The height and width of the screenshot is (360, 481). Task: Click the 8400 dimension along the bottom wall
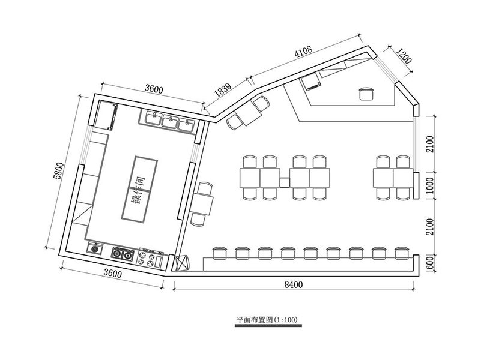(292, 286)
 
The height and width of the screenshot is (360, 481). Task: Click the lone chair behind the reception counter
(366, 93)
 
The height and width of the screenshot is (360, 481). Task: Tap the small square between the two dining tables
(285, 182)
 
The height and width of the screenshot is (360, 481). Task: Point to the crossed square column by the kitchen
(183, 262)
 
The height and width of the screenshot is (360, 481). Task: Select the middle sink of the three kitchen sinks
(171, 121)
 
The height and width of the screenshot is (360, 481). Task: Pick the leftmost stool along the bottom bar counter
(219, 253)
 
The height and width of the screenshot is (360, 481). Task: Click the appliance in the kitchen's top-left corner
(108, 116)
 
